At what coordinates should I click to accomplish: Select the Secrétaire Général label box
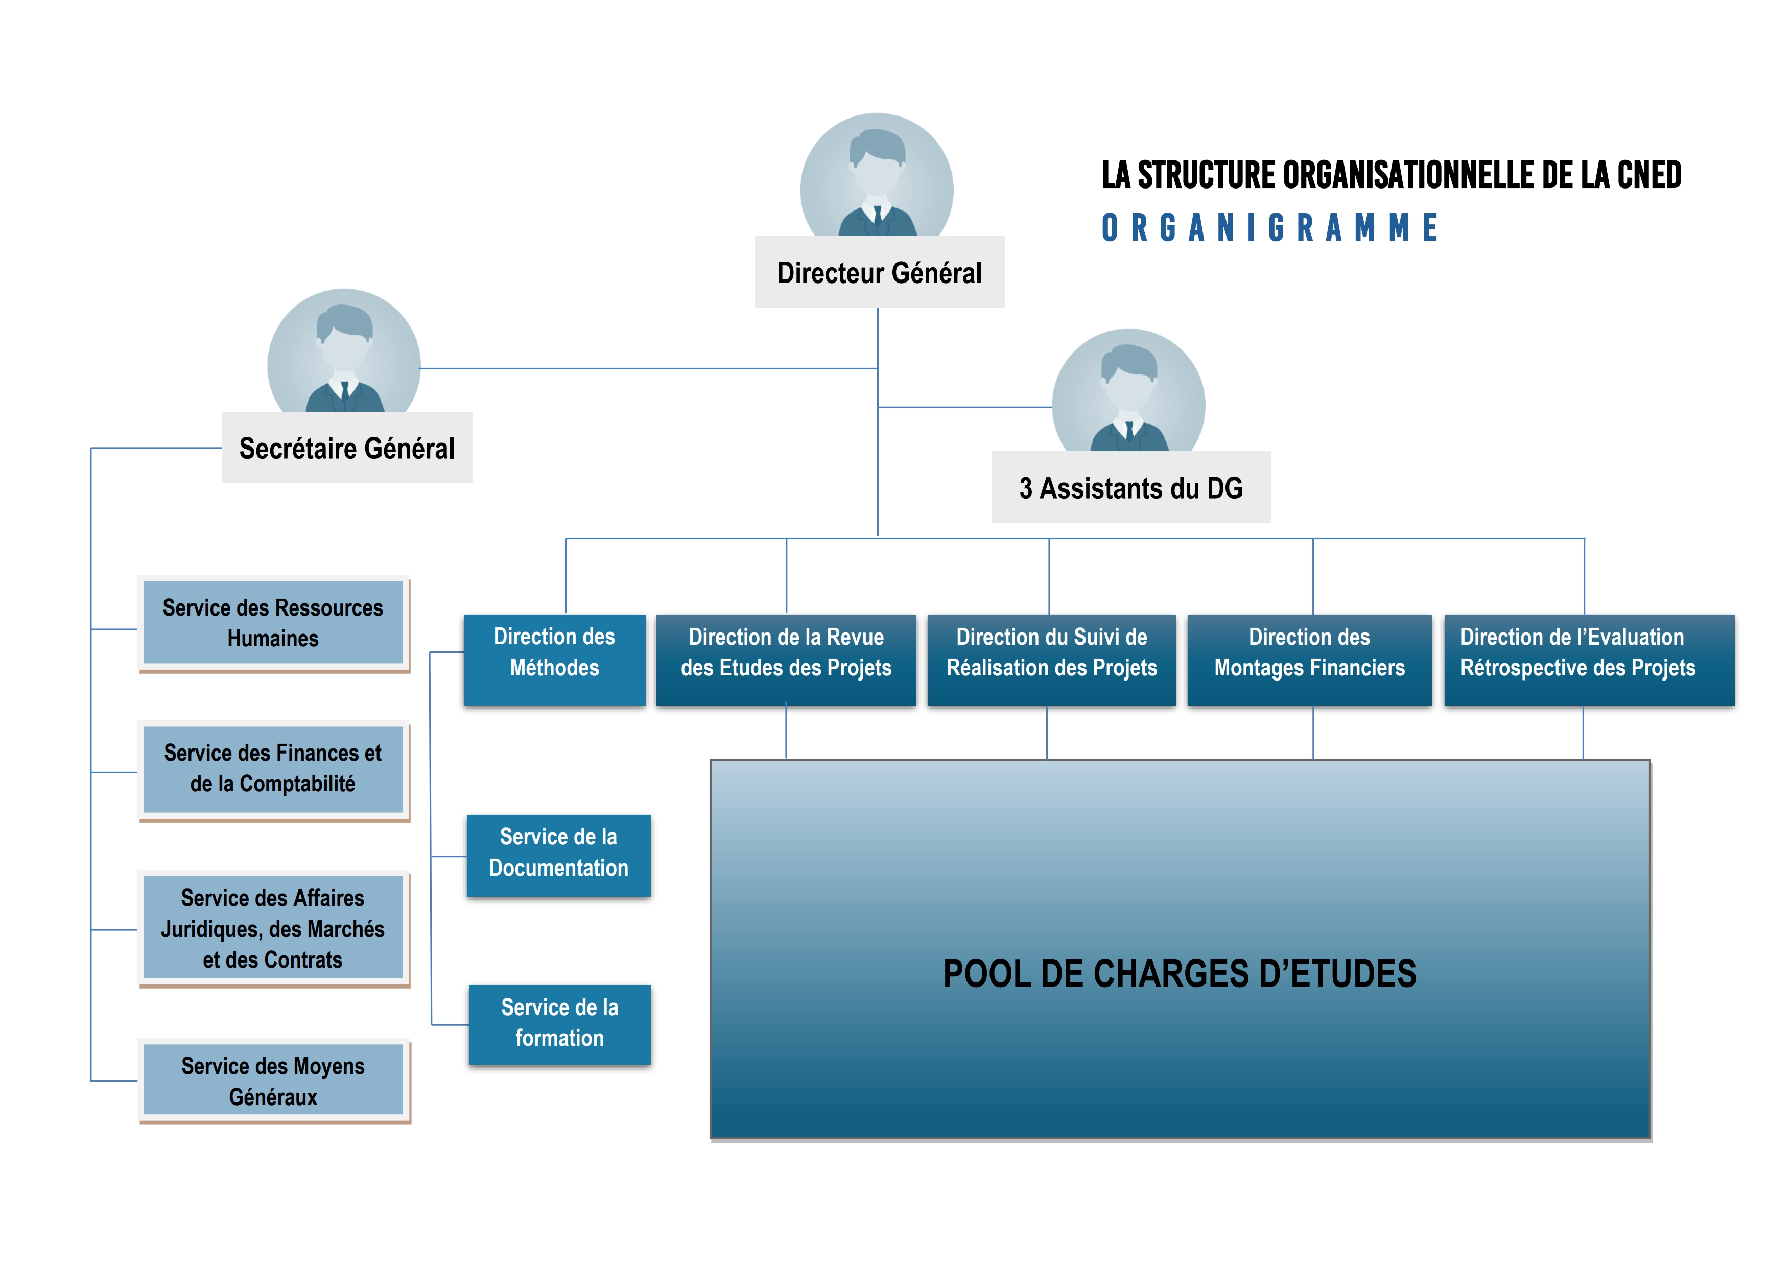tap(346, 448)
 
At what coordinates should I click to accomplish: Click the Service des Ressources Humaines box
tap(273, 623)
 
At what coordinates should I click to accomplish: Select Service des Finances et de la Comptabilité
tap(273, 769)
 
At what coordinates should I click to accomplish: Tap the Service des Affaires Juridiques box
tap(273, 928)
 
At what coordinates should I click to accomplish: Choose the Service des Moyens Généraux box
tap(273, 1081)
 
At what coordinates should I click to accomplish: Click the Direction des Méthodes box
tap(554, 660)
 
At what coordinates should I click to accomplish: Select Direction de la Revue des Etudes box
tap(786, 660)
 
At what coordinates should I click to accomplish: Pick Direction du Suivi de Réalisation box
tap(1051, 660)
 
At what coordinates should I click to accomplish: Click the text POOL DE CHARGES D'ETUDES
tap(1180, 973)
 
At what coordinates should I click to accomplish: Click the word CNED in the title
tap(1649, 175)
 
